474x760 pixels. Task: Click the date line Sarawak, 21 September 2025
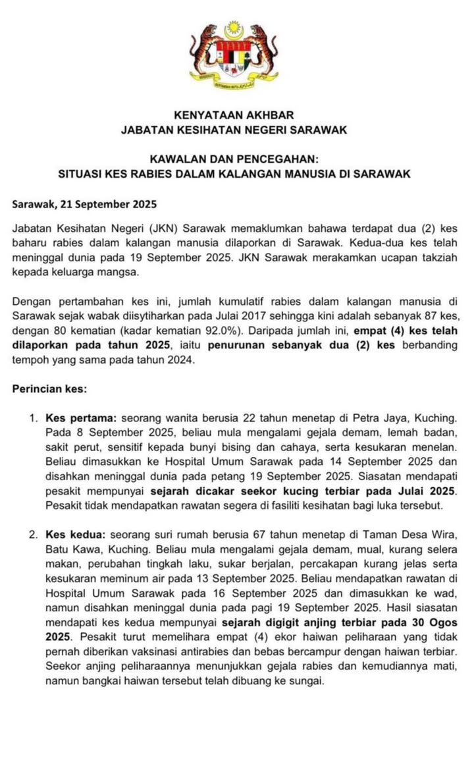click(80, 205)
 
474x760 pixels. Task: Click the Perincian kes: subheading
click(49, 389)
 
